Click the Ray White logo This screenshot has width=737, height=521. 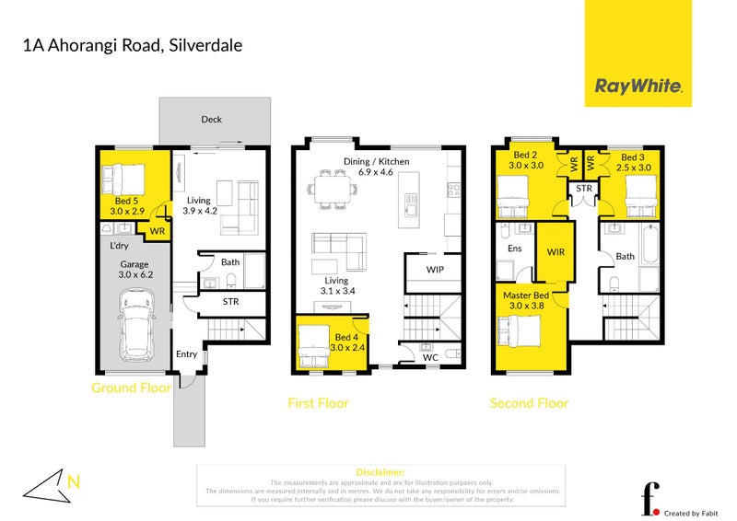pyautogui.click(x=639, y=87)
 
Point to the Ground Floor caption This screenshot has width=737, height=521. pyautogui.click(x=131, y=388)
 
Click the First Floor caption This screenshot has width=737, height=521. pyautogui.click(x=320, y=403)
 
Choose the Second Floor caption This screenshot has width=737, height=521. pyautogui.click(x=529, y=403)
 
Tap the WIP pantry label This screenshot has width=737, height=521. pyautogui.click(x=436, y=270)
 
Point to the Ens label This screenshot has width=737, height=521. pyautogui.click(x=515, y=248)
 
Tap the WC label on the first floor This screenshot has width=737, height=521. pyautogui.click(x=431, y=358)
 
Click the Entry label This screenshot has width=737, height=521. pyautogui.click(x=187, y=353)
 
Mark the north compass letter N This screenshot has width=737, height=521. pyautogui.click(x=73, y=479)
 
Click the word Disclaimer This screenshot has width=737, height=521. pyautogui.click(x=380, y=471)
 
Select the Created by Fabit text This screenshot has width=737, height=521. pyautogui.click(x=694, y=511)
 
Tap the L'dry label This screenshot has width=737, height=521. pyautogui.click(x=119, y=247)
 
